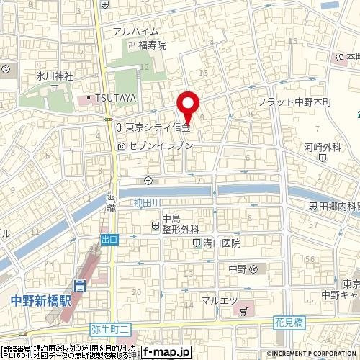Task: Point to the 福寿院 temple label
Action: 152,45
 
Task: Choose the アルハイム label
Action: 134,30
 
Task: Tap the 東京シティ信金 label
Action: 157,127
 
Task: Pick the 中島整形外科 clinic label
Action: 181,224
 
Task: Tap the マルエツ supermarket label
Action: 217,300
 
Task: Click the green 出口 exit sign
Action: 109,239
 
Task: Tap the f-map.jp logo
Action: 166,352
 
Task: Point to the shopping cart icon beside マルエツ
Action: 245,312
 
